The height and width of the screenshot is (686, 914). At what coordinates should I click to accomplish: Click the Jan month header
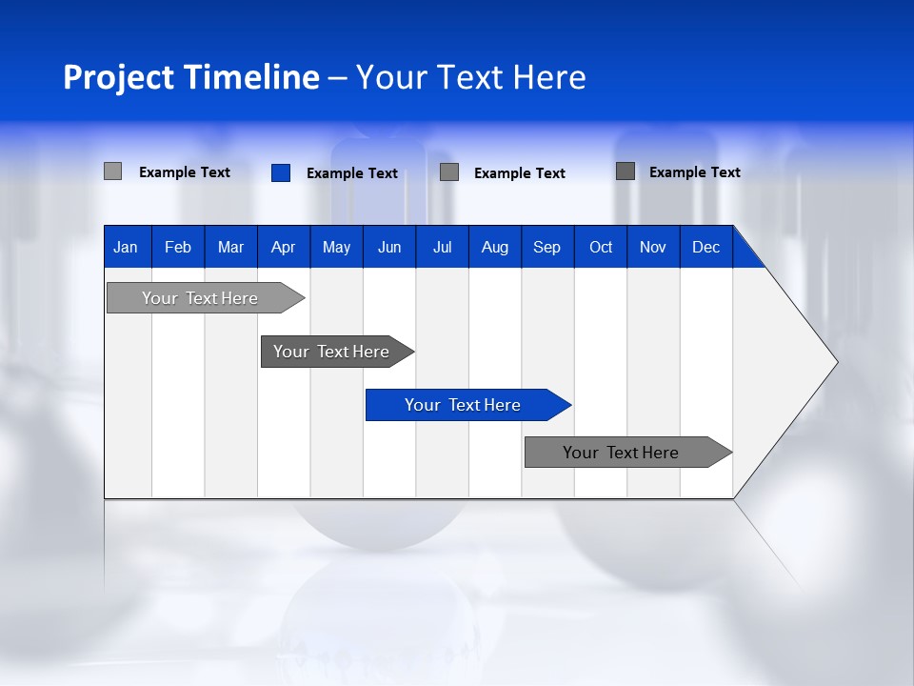coord(126,247)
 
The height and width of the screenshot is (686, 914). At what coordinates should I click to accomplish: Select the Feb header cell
coord(178,247)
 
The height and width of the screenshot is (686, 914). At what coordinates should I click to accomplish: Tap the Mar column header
coord(230,247)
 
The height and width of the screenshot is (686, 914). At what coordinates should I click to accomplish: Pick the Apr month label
coord(284,247)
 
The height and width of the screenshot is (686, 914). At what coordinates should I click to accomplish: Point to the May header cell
coord(336,247)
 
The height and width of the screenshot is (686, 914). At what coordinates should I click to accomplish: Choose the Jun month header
coord(389,247)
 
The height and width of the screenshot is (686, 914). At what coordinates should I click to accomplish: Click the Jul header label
coord(442,247)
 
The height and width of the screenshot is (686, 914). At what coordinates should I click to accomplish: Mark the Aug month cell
coord(495,247)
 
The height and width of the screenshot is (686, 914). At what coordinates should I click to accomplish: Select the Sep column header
coord(547,247)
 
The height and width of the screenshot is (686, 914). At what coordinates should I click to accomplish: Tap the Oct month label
coord(601,247)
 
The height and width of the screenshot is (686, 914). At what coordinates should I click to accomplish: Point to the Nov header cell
coord(653,247)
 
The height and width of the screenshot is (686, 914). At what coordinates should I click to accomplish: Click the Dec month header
coord(706,247)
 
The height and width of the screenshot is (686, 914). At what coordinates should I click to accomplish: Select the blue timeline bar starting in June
coord(463,405)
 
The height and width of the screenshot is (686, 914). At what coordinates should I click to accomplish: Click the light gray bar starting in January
coord(200,298)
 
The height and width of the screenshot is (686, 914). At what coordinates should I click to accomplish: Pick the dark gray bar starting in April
coord(331,352)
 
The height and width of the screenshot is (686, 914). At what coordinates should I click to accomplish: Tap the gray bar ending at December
coord(621,453)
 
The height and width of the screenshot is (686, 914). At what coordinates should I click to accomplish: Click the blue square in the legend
coord(281,172)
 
